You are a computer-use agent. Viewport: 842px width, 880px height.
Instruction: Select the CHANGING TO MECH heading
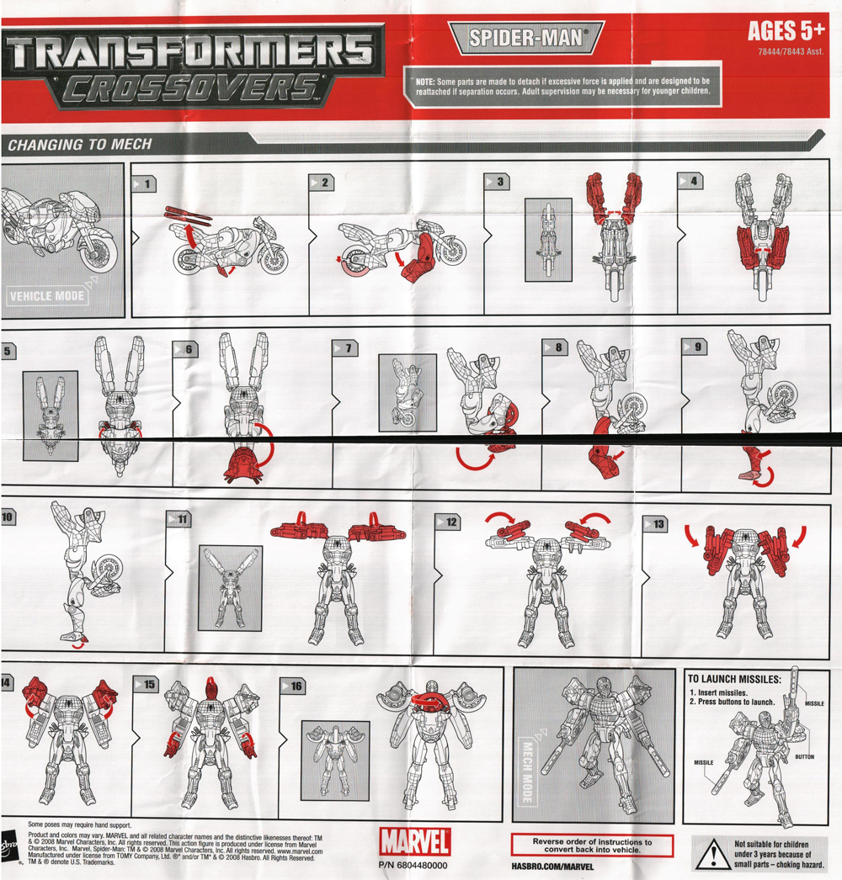80,145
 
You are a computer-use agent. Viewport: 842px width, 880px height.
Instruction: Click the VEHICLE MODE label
46,296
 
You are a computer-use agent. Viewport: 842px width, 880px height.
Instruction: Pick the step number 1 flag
144,183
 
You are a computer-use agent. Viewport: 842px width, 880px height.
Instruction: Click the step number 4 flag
690,181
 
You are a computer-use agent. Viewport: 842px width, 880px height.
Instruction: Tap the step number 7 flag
345,347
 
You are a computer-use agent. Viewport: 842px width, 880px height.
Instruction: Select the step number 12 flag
448,522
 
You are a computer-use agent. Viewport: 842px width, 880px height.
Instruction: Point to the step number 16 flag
293,686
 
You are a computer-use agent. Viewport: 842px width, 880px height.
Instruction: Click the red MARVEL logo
414,840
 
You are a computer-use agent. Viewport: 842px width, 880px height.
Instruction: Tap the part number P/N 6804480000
414,866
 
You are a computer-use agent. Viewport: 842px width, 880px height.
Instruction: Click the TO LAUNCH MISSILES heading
734,679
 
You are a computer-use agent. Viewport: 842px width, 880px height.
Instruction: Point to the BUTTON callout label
805,757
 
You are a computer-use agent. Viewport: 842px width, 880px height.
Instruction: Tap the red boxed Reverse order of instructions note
592,845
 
